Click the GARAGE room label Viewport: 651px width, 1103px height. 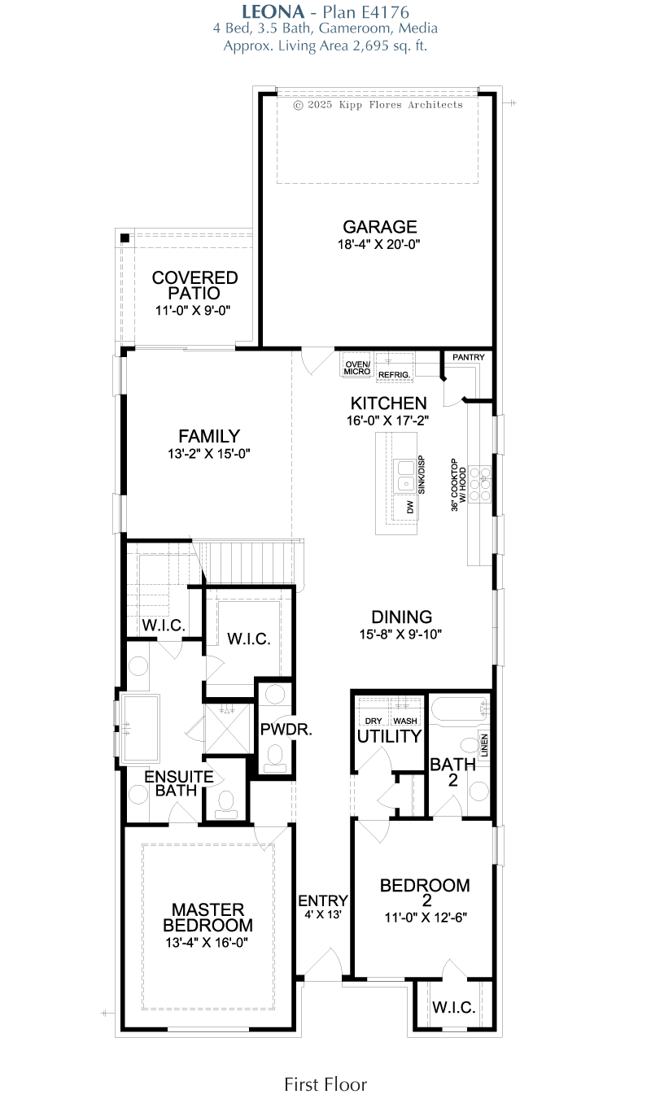pyautogui.click(x=380, y=226)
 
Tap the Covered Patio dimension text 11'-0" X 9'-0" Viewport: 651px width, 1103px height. pyautogui.click(x=193, y=310)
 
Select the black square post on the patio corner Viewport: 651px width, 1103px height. pyautogui.click(x=125, y=238)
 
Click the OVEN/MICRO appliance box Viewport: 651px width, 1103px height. pyautogui.click(x=356, y=365)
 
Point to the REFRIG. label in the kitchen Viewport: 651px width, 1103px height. pyautogui.click(x=394, y=375)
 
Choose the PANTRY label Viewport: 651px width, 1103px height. pyautogui.click(x=468, y=357)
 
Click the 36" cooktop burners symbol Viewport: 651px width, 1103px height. pyautogui.click(x=479, y=484)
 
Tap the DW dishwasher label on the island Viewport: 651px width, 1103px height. pyautogui.click(x=410, y=508)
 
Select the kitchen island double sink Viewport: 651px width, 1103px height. pyautogui.click(x=406, y=476)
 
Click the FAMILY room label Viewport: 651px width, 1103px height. pyautogui.click(x=209, y=436)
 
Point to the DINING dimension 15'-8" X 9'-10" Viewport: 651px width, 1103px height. pyautogui.click(x=400, y=634)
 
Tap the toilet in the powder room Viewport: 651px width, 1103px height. pyautogui.click(x=275, y=758)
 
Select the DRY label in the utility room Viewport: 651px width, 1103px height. pyautogui.click(x=374, y=721)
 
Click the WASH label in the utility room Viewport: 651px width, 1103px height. pyautogui.click(x=405, y=721)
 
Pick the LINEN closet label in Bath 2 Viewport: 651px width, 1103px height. pyautogui.click(x=484, y=745)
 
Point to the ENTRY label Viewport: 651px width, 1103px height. pyautogui.click(x=323, y=900)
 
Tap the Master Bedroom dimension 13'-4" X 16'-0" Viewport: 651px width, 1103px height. pyautogui.click(x=207, y=942)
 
